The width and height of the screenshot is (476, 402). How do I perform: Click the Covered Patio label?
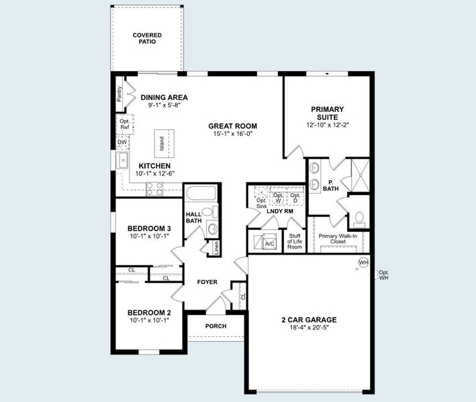146,38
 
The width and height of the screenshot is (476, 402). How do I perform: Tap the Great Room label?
232,126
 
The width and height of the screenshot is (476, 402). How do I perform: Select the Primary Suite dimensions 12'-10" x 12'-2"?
327,125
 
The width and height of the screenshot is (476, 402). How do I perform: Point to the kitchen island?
161,143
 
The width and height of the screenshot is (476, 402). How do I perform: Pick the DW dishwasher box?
122,142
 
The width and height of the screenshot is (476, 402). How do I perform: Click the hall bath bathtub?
200,195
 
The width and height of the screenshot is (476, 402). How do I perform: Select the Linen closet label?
216,247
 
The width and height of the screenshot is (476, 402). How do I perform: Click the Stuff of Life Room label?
294,241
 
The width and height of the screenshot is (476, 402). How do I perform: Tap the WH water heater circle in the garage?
363,262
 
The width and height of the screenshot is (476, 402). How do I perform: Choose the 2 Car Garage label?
309,320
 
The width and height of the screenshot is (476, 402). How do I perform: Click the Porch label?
216,326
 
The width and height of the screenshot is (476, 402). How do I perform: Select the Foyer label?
207,282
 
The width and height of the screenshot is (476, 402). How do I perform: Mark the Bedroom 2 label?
149,312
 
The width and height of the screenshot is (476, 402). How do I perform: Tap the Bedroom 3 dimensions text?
149,236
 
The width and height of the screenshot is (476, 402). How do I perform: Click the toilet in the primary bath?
360,217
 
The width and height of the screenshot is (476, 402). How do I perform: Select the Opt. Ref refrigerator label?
124,125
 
